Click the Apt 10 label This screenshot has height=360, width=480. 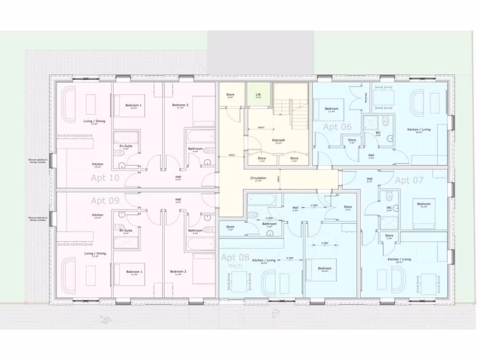[x=105, y=178]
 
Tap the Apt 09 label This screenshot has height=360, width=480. [x=105, y=201]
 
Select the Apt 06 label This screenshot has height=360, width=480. [x=337, y=127]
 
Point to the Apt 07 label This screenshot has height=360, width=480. [x=409, y=180]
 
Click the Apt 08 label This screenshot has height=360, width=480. [x=235, y=257]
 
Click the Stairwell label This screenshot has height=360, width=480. [x=278, y=140]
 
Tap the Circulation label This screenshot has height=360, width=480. [x=258, y=178]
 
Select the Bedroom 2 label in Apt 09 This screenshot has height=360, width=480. [x=178, y=271]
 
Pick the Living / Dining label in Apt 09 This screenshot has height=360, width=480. [x=95, y=254]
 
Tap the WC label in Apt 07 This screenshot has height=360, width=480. [x=389, y=207]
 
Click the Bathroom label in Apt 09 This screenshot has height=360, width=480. [x=195, y=231]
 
